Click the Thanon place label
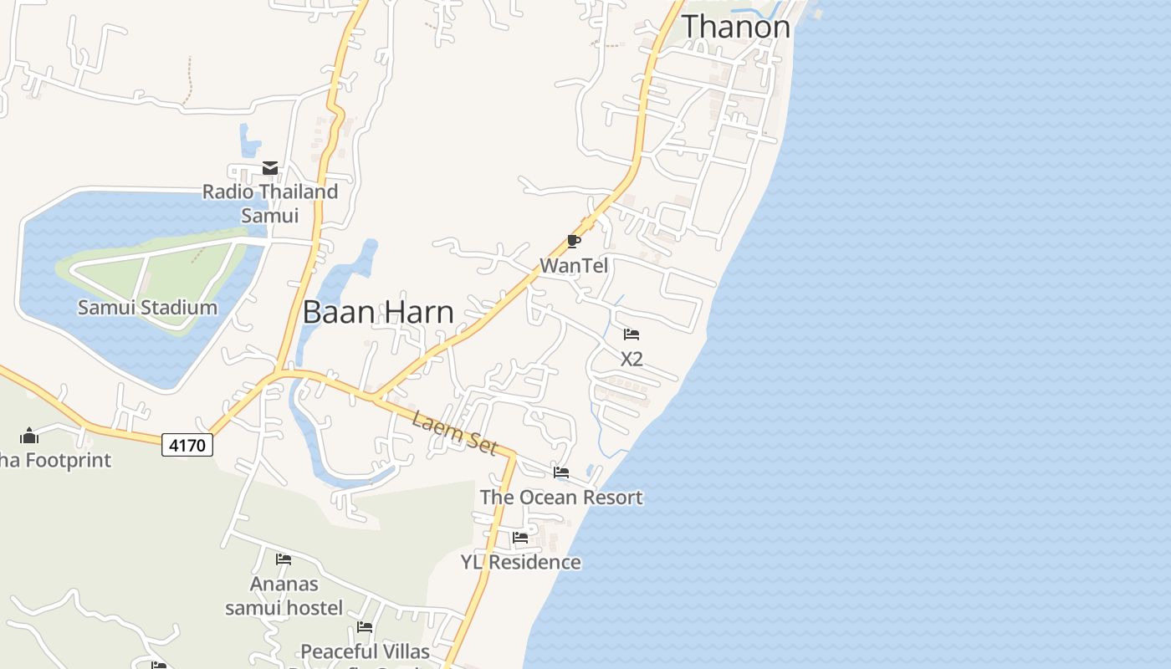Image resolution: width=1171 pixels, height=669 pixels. (736, 27)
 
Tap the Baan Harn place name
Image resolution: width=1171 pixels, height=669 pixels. (378, 312)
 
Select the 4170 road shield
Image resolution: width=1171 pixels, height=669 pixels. (187, 445)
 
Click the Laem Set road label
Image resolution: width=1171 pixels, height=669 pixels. (454, 434)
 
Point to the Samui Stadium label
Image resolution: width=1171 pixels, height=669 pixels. (147, 308)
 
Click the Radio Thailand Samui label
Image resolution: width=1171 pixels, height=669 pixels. (270, 203)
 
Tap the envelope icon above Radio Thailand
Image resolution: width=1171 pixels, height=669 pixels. (270, 168)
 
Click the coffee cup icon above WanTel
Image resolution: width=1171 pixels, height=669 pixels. (574, 242)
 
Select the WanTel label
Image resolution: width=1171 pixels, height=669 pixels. (574, 266)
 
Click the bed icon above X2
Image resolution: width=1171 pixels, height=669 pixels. (632, 334)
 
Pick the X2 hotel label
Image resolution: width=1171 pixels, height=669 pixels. (632, 359)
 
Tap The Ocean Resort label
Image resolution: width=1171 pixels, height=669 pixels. (561, 498)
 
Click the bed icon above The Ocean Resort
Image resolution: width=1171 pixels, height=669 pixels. (561, 472)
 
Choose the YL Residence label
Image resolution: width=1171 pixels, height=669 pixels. (520, 562)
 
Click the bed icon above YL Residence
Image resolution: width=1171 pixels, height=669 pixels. (520, 537)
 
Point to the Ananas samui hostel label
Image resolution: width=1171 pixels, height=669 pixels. (284, 595)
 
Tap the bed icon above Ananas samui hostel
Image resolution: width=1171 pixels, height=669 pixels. (284, 559)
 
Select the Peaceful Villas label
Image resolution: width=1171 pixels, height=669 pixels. (365, 651)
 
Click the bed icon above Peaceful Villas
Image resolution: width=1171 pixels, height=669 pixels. (365, 626)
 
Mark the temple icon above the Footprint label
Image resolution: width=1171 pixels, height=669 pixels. (29, 436)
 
